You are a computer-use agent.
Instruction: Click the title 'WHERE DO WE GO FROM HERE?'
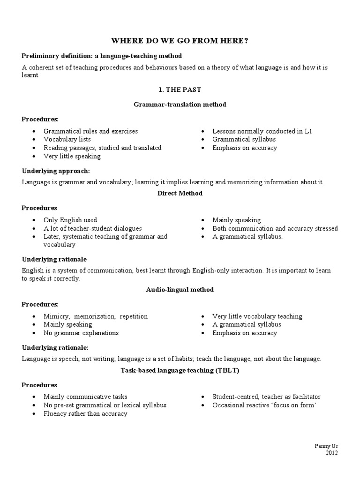pyautogui.click(x=180, y=41)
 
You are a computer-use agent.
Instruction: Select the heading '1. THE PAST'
pyautogui.click(x=180, y=89)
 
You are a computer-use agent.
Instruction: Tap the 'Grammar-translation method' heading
pyautogui.click(x=180, y=105)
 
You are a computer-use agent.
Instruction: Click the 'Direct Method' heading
pyautogui.click(x=180, y=193)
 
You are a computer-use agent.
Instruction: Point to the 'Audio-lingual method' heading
pyautogui.click(x=180, y=290)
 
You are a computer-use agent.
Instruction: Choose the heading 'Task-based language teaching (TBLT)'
pyautogui.click(x=180, y=370)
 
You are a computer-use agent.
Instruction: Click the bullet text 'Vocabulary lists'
pyautogui.click(x=67, y=139)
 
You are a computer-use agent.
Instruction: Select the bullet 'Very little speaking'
pyautogui.click(x=72, y=156)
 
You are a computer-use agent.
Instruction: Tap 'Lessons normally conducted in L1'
pyautogui.click(x=262, y=131)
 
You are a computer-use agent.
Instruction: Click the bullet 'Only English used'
pyautogui.click(x=70, y=220)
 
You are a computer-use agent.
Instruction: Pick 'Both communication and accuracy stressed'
pyautogui.click(x=275, y=228)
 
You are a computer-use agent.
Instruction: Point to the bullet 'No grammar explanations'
pyautogui.click(x=81, y=333)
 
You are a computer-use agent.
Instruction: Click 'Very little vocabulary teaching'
pyautogui.click(x=257, y=316)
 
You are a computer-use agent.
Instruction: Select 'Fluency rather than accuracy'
pyautogui.click(x=85, y=414)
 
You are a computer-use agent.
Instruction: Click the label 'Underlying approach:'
pyautogui.click(x=55, y=171)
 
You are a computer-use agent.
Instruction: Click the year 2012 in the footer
pyautogui.click(x=331, y=452)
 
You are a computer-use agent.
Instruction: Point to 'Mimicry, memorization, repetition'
pyautogui.click(x=95, y=316)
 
